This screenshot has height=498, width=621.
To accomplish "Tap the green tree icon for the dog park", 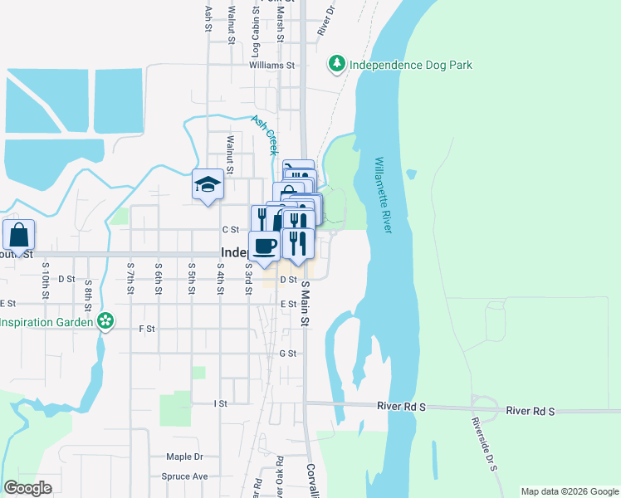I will (x=337, y=63).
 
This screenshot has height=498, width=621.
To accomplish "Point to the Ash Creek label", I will (x=265, y=134).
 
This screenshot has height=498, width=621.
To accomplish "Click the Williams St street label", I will (x=271, y=65).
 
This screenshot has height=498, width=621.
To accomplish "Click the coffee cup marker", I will (x=265, y=246).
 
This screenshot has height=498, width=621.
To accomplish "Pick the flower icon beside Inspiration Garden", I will (x=105, y=320).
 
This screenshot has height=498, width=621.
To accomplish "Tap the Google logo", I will (x=27, y=488).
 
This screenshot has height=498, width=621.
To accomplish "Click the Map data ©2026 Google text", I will (x=569, y=491).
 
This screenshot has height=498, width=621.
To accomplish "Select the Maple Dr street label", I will (x=184, y=456).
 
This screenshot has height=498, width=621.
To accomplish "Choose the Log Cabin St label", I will (x=256, y=37).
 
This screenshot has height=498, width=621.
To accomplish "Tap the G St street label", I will (x=288, y=354).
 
